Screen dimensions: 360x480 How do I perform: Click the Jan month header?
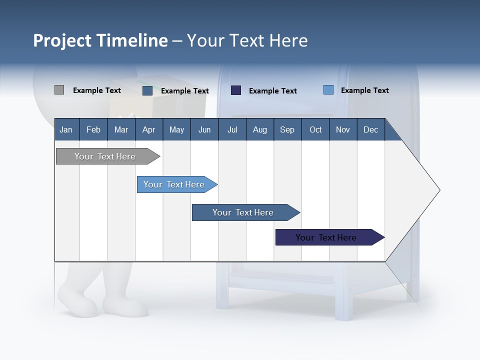click(66, 129)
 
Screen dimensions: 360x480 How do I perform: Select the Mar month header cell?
click(121, 129)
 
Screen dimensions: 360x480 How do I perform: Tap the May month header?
click(176, 129)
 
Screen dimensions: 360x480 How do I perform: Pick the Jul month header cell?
click(232, 129)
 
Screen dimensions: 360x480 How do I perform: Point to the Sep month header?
click(287, 129)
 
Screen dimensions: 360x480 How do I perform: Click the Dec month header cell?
click(370, 129)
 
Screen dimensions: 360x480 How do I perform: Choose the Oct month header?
click(315, 129)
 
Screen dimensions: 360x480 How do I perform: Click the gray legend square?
click(59, 90)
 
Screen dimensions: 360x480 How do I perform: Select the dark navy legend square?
click(236, 90)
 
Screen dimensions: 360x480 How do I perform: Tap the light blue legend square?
click(328, 90)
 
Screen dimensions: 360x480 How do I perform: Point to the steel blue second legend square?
click(147, 90)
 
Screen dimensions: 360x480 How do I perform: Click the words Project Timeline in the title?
click(100, 40)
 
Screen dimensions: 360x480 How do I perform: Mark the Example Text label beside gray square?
click(97, 90)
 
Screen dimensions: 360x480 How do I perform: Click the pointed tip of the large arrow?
click(438, 190)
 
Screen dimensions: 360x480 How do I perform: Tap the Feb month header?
click(93, 129)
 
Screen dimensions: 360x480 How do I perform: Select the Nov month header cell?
click(343, 129)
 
